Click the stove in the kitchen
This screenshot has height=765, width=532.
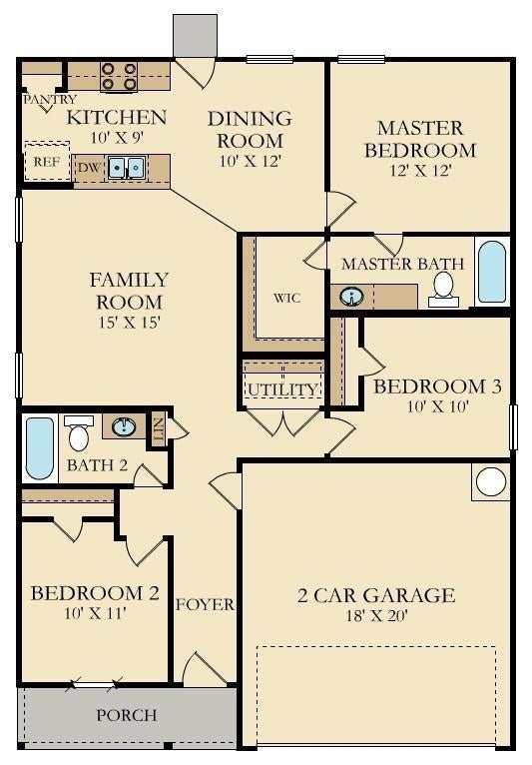[x=119, y=77]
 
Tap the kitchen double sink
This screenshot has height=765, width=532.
[x=126, y=169]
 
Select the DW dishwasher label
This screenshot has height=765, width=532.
[x=90, y=169]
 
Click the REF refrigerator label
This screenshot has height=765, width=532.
[x=47, y=162]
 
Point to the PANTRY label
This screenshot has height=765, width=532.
[x=50, y=100]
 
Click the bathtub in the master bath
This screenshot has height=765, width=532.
[x=491, y=272]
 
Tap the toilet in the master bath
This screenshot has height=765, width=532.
[x=443, y=290]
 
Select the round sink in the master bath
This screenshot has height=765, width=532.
[x=351, y=297]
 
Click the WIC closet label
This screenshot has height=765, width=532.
[x=286, y=298]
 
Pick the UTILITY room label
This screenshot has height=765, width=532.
[x=282, y=389]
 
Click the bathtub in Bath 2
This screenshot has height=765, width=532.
[x=40, y=448]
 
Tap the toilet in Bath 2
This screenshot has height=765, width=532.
[x=79, y=433]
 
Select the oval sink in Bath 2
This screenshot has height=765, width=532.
[x=124, y=427]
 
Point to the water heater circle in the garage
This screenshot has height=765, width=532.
[x=490, y=482]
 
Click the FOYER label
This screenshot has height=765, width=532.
[x=205, y=604]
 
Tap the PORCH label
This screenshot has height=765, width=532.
[x=127, y=715]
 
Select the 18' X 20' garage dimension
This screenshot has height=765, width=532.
[x=376, y=616]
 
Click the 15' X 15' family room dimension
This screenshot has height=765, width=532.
[x=130, y=322]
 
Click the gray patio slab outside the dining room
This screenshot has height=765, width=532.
[x=195, y=35]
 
